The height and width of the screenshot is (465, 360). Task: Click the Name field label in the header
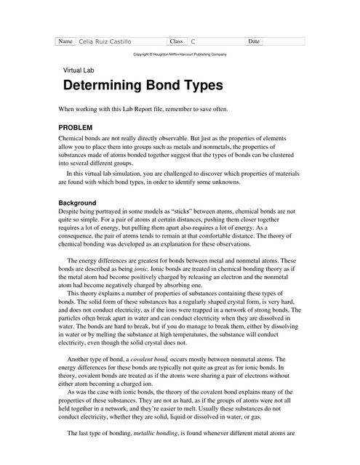click(65, 41)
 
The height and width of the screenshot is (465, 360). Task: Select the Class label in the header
click(177, 41)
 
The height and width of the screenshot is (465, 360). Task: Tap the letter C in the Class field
click(193, 42)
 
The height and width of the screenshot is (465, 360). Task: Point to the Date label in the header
click(254, 41)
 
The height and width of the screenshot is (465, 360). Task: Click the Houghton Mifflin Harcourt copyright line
click(180, 54)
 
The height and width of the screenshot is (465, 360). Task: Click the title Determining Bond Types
click(143, 86)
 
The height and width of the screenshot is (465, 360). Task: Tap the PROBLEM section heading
click(75, 127)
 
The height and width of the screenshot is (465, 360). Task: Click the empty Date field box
click(284, 42)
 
